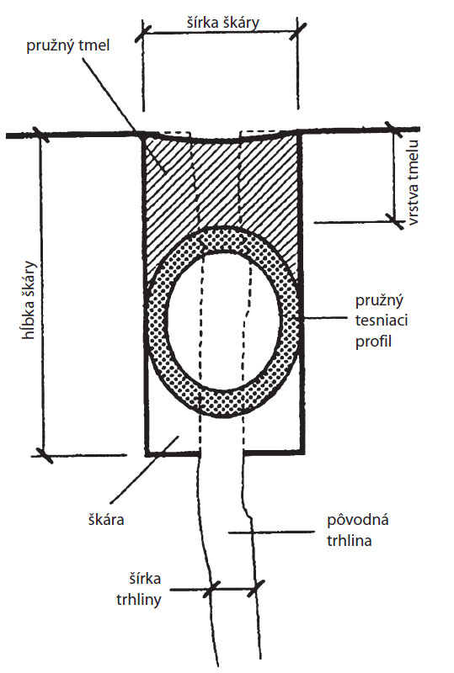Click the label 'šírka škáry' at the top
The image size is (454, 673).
click(x=223, y=22)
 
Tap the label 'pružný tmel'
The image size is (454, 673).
click(x=68, y=46)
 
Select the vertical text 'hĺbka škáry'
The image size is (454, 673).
click(x=29, y=300)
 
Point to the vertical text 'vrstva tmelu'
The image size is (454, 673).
click(x=414, y=183)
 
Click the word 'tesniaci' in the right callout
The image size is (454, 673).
click(x=382, y=321)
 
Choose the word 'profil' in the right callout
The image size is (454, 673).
click(x=373, y=342)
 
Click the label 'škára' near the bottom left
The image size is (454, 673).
click(x=106, y=520)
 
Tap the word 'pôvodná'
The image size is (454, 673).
click(x=358, y=520)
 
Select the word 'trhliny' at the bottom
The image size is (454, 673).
click(x=139, y=599)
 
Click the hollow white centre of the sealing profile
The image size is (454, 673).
click(x=223, y=320)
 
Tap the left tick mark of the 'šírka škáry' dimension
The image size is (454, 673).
click(x=142, y=34)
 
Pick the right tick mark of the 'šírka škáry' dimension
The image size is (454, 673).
click(x=297, y=31)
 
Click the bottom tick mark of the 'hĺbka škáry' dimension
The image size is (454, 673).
click(x=42, y=455)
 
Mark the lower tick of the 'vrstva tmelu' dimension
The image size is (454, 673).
click(x=394, y=221)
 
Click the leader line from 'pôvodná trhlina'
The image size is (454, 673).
click(x=271, y=533)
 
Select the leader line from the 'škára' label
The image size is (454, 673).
click(x=144, y=469)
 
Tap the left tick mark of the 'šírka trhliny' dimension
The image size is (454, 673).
click(x=211, y=589)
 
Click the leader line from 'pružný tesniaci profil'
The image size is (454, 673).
click(x=317, y=318)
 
